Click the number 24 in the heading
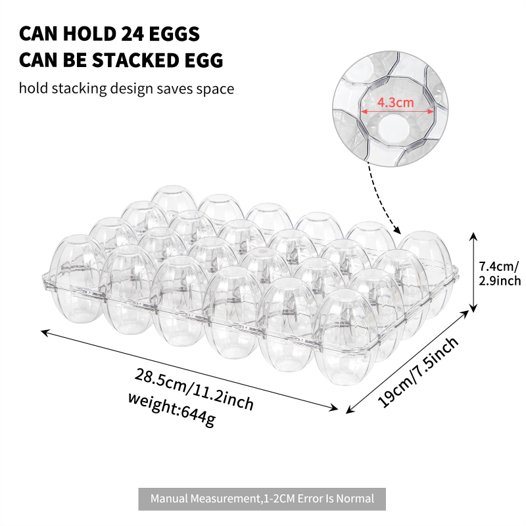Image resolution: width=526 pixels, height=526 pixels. coord(133,34)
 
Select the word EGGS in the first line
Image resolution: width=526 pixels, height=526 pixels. coord(174,34)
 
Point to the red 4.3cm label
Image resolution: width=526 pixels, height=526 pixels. coord(396,103)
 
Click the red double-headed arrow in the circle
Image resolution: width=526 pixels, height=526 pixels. coord(397,112)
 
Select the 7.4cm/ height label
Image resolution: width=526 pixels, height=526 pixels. coord(499,266)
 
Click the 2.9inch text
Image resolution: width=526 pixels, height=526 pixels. coord(500,281)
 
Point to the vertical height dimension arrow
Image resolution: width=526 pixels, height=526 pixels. coord(473,272)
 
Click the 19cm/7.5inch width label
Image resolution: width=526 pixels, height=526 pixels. coord(418,371)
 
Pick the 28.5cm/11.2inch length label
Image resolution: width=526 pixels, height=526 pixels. coord(194,389)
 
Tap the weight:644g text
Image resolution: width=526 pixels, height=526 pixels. coord(172,410)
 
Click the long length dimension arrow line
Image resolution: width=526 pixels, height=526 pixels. coord(189,370)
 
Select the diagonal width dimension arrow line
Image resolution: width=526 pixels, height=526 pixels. coord(407,362)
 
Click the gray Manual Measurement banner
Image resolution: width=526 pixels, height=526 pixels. coord(262,499)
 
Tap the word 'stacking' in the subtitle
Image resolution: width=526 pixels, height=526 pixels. coord(79,89)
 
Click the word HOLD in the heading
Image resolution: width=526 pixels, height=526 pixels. coord(89,34)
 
